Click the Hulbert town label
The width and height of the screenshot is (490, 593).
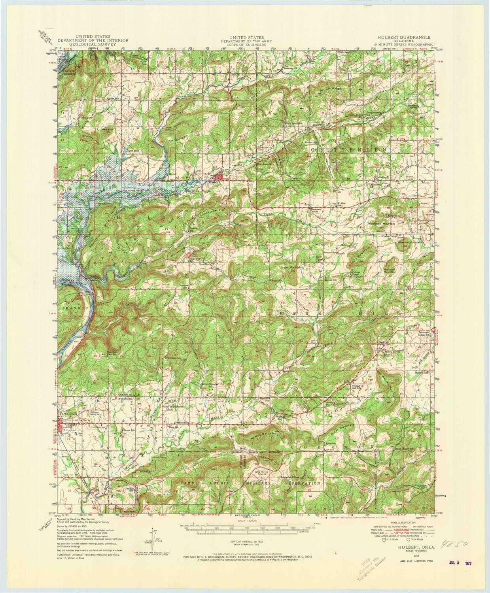214,183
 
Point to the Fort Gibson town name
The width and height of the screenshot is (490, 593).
67,414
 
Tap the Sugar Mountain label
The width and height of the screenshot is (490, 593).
291,267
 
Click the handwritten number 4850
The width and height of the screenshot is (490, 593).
455,546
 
